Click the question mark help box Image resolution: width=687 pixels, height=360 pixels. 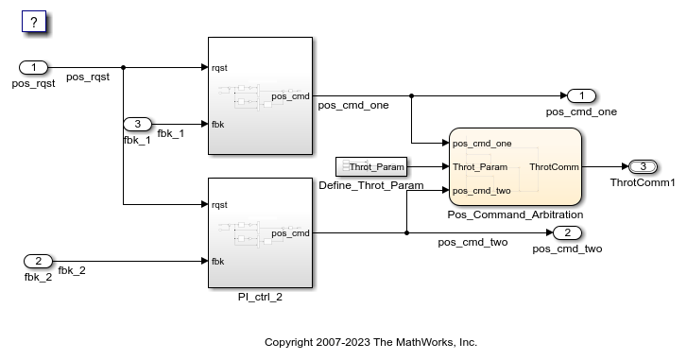tap(33, 22)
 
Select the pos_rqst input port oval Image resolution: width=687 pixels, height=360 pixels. tap(34, 67)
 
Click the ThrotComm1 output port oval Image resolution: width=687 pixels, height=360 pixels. tap(643, 166)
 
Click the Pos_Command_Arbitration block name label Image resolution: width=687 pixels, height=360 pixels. tap(515, 215)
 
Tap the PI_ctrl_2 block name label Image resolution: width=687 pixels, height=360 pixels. tap(260, 297)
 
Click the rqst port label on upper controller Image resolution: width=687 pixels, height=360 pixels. tap(219, 68)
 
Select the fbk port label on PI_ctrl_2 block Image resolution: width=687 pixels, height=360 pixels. tap(217, 262)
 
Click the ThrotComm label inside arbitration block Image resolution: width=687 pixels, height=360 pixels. tap(554, 167)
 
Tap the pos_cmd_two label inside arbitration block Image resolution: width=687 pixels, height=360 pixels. tap(482, 191)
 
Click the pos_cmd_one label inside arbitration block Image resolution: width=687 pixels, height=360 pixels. tap(482, 144)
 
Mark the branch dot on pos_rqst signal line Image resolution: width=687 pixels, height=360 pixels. tap(124, 67)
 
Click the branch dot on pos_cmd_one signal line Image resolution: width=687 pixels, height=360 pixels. tap(412, 95)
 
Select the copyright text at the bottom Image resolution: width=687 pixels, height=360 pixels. tap(370, 341)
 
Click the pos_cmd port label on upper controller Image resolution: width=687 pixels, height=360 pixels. tap(290, 95)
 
